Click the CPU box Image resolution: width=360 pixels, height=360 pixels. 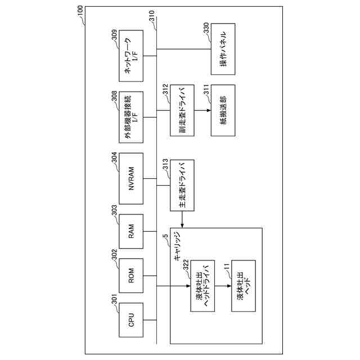click(x=131, y=321)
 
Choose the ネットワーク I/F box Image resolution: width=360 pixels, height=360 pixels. click(x=131, y=60)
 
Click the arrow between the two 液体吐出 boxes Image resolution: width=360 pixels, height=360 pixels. click(x=223, y=286)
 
